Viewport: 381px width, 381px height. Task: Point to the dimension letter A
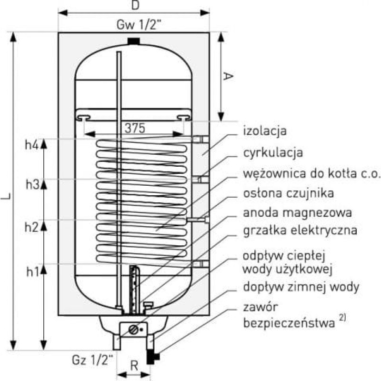[x=228, y=76]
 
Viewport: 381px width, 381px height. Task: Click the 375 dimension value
[x=134, y=128]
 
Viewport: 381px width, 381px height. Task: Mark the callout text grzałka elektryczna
[x=300, y=231]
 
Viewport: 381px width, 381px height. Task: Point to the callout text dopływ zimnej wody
[x=301, y=287]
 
